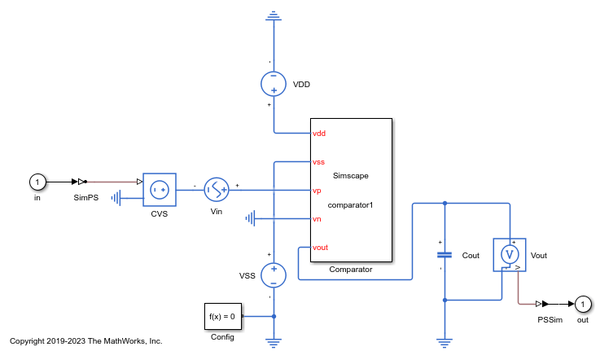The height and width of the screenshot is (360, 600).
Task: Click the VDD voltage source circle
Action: pyautogui.click(x=274, y=84)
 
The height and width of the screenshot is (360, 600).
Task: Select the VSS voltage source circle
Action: pyautogui.click(x=274, y=275)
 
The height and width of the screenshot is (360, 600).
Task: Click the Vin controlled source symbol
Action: pyautogui.click(x=217, y=190)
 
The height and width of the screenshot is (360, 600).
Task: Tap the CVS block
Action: pyautogui.click(x=159, y=190)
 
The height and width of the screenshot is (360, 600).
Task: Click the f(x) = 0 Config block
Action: pyautogui.click(x=221, y=316)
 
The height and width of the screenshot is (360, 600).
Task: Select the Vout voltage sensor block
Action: pyautogui.click(x=510, y=255)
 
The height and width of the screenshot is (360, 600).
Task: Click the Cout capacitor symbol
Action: pyautogui.click(x=444, y=255)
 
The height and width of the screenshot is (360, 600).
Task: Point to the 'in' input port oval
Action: pyautogui.click(x=36, y=182)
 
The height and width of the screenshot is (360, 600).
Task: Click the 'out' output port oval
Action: pyautogui.click(x=582, y=304)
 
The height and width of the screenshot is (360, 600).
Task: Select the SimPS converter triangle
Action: pyautogui.click(x=82, y=182)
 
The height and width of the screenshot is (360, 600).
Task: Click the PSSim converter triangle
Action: pyautogui.click(x=550, y=304)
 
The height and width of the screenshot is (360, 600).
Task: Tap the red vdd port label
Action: pyautogui.click(x=319, y=133)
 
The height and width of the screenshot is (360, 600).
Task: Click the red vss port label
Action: pyautogui.click(x=319, y=162)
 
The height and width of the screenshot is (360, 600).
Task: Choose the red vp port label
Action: pyautogui.click(x=317, y=191)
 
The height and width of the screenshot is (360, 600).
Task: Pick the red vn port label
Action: pyautogui.click(x=317, y=218)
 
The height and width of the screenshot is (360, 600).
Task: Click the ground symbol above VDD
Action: pyautogui.click(x=274, y=16)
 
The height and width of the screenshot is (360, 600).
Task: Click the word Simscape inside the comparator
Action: pyautogui.click(x=351, y=176)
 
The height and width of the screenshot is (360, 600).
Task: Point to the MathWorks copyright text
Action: pyautogui.click(x=85, y=340)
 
